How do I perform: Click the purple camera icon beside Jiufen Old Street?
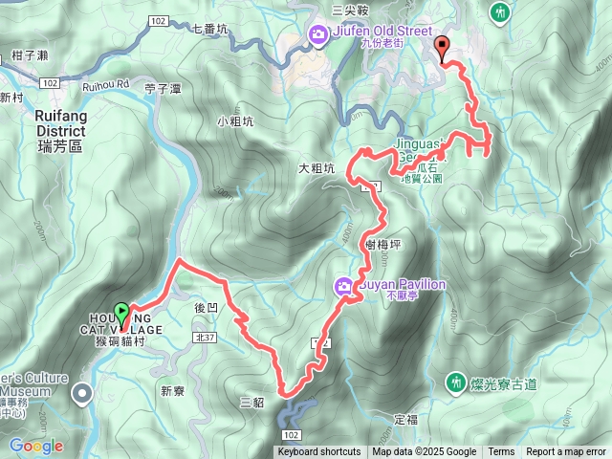(318, 36)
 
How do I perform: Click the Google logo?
(35, 446)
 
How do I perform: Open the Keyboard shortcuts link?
(319, 452)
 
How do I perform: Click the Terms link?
(501, 452)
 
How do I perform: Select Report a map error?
(567, 452)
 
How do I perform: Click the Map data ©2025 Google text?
(424, 452)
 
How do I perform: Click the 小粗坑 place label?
(235, 121)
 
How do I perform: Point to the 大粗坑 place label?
(316, 168)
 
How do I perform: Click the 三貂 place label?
(251, 402)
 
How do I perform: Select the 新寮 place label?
(172, 390)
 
